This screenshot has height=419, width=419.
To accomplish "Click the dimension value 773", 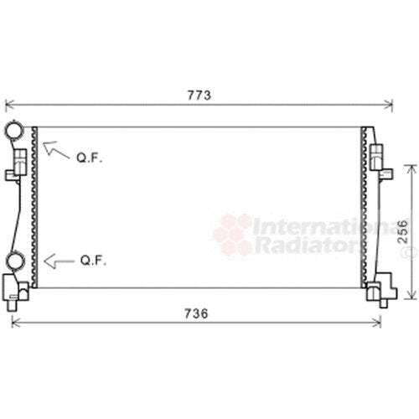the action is pyautogui.click(x=199, y=96).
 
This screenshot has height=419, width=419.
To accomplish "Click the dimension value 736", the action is pyautogui.click(x=196, y=313).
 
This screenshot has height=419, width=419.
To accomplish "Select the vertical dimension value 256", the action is pyautogui.click(x=402, y=231).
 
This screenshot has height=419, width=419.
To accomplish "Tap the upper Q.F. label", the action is pyautogui.click(x=90, y=158).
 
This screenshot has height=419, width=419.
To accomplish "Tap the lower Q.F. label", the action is pyautogui.click(x=93, y=261).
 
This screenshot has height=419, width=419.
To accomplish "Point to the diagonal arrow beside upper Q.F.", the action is pyautogui.click(x=56, y=151).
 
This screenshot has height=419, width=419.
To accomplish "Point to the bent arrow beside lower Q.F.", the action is pyautogui.click(x=59, y=261).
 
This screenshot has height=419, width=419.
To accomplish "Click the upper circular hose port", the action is pyautogui.click(x=13, y=130).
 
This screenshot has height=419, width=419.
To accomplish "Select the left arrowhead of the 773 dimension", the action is pyautogui.click(x=9, y=105).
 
